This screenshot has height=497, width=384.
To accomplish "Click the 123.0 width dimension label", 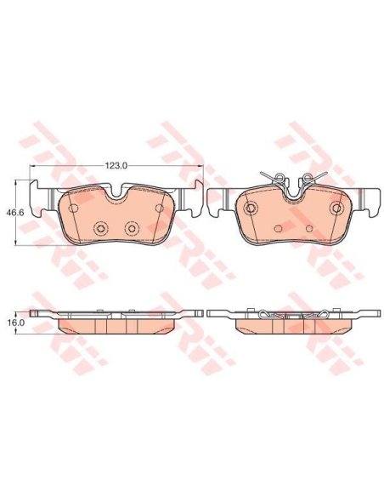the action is (x=116, y=165).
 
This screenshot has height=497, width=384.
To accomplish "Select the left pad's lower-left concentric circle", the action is (x=100, y=227).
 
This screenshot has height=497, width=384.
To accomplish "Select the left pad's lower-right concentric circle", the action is (x=132, y=227).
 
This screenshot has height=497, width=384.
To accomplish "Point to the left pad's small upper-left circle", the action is (x=73, y=209).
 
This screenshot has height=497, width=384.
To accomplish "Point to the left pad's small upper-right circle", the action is (x=160, y=209).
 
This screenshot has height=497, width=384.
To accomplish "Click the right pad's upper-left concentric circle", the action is (x=251, y=208).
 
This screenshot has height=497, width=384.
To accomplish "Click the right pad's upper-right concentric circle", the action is (x=336, y=208).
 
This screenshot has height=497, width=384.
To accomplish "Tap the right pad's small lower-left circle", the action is (x=279, y=228).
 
